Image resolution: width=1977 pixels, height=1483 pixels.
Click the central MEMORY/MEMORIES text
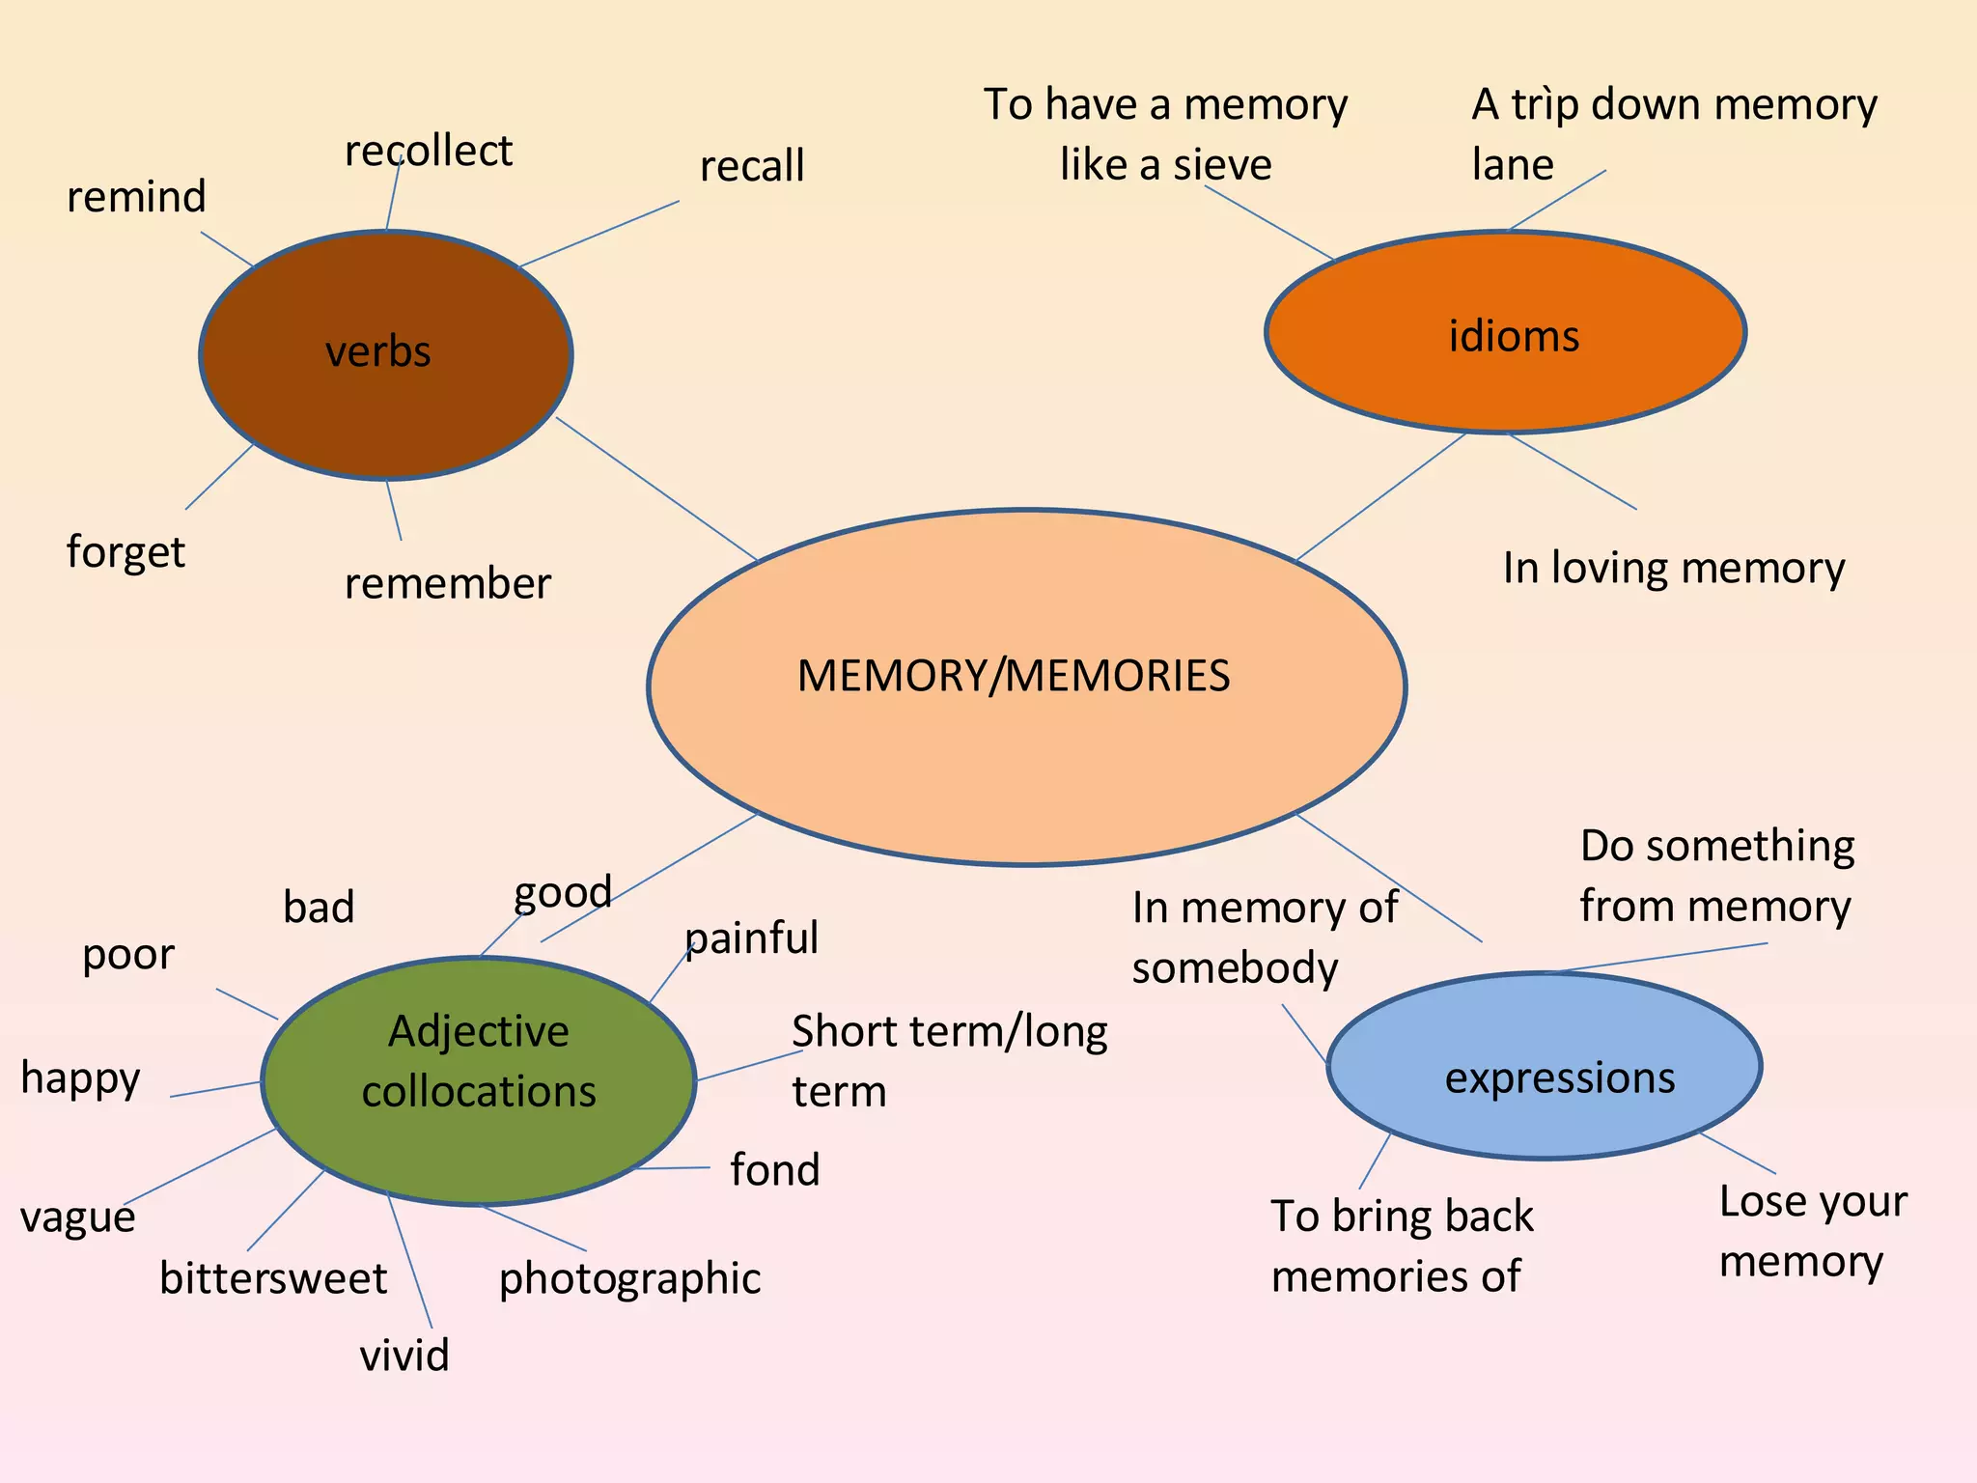[1013, 675]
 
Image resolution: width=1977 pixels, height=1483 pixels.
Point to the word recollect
[428, 151]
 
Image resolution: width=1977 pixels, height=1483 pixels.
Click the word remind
[136, 197]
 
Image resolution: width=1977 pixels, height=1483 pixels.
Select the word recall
[751, 166]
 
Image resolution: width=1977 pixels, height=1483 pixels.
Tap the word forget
[125, 552]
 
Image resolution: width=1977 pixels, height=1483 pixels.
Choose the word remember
[447, 583]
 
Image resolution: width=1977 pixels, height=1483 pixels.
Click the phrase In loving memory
[1673, 568]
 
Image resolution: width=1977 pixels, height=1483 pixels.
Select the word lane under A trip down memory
[1512, 165]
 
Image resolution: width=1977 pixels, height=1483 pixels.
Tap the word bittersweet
[273, 1278]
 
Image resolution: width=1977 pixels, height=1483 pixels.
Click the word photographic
[629, 1278]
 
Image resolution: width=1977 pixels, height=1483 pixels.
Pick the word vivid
[404, 1355]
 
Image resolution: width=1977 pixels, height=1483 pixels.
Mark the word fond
[774, 1169]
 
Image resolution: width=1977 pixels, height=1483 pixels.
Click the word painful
[751, 937]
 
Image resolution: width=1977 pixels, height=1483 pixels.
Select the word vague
[77, 1217]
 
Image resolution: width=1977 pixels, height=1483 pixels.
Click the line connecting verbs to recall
[599, 234]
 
